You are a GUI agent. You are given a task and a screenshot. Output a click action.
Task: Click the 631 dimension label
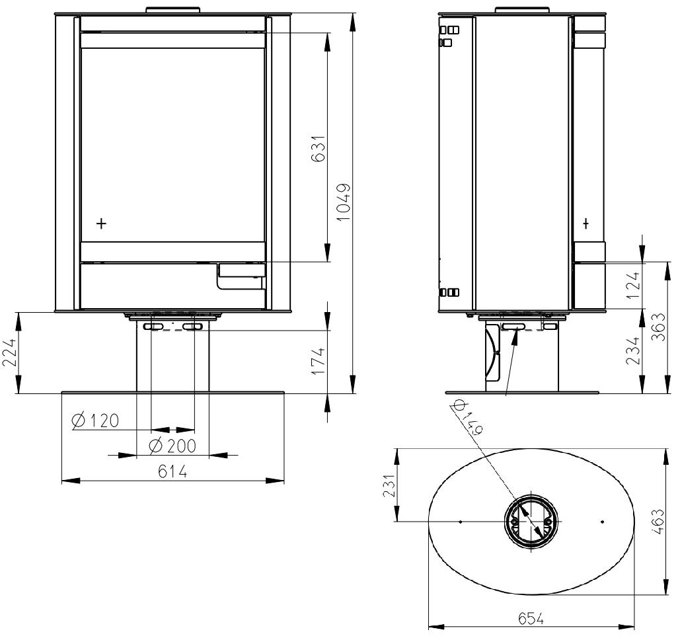pos(319,148)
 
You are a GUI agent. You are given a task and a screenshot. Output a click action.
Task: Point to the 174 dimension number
pos(318,361)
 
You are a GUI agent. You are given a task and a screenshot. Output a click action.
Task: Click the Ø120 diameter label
pos(95,421)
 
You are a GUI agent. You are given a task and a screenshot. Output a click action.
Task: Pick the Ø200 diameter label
pos(172,446)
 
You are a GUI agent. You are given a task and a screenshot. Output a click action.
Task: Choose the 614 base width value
pos(172,471)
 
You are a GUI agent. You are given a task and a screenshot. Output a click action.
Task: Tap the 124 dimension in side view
pos(633,285)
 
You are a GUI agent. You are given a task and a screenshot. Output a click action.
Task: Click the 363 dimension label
pos(658,327)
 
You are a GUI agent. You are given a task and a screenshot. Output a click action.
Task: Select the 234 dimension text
pos(633,350)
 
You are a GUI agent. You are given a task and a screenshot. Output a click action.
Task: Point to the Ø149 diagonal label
pos(467,417)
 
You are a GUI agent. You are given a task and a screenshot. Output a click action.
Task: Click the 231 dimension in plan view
pos(389,485)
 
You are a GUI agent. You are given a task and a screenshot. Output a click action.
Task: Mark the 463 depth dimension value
pos(658,522)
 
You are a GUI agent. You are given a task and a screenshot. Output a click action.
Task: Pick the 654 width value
pos(531,619)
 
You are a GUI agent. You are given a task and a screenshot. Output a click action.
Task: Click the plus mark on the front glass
pos(101,224)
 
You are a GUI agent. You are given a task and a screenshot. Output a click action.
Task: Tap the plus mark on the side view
pos(586,224)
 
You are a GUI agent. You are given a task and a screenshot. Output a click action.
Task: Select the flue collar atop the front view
pos(173,10)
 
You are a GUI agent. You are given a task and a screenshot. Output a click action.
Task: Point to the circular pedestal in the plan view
pos(531,521)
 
